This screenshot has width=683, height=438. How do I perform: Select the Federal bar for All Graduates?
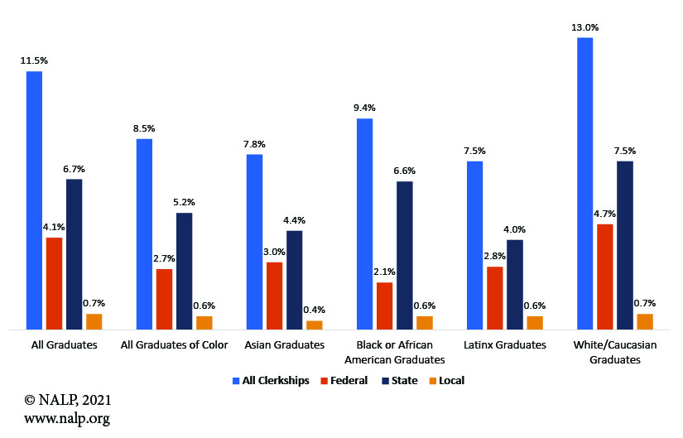point(54,284)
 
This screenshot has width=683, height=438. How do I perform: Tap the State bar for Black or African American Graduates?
point(404,255)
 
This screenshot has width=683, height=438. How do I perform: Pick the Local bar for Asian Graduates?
point(314,325)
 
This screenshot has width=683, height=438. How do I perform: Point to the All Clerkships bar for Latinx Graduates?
point(474,245)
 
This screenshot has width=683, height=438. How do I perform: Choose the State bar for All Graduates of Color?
point(184,272)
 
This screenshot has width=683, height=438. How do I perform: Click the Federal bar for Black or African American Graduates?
point(384,306)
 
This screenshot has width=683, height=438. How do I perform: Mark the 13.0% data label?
point(584,27)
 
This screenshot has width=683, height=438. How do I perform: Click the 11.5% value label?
point(34,61)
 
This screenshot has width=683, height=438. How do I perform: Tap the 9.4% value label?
point(364,108)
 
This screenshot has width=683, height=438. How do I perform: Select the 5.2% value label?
point(184,202)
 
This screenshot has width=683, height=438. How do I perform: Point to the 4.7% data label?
point(604,213)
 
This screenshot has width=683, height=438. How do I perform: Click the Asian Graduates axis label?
point(285,344)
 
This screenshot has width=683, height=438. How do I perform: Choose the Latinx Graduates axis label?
point(504,344)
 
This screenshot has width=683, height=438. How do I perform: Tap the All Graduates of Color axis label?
point(175,344)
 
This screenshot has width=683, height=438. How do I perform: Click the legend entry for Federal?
point(343,380)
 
